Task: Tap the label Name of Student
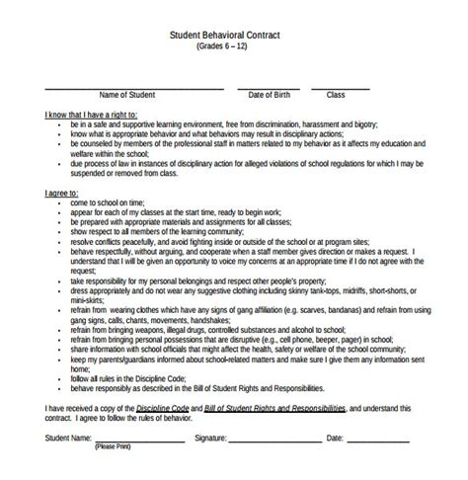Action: [129, 95]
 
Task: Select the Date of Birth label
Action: [269, 95]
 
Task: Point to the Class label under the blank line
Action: [336, 95]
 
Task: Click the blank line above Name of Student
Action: [128, 86]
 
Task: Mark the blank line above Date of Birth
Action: [269, 86]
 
